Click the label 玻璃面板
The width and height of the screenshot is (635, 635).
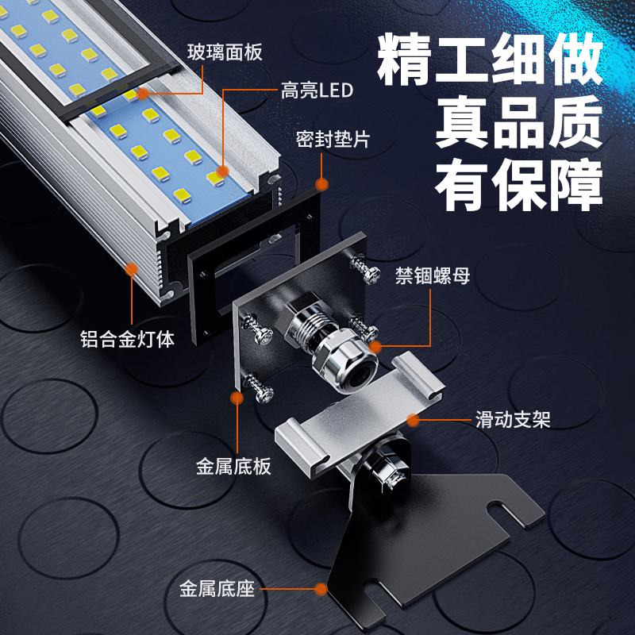point(225,52)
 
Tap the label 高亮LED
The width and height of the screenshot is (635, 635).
point(317,90)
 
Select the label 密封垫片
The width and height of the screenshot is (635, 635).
point(333,140)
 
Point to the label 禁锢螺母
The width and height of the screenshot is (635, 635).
point(433,275)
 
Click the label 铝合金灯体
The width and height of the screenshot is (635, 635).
point(127,340)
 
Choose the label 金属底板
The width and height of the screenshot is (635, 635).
point(233,467)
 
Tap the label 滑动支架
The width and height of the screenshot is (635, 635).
point(513,420)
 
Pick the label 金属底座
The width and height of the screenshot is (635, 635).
point(217,589)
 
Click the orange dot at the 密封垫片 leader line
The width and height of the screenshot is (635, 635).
point(321,184)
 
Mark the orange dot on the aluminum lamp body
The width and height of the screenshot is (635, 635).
point(131,269)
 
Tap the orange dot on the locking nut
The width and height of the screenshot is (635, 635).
point(375,347)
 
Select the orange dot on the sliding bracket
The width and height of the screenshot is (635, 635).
point(413,421)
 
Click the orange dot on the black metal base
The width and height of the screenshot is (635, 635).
point(321,589)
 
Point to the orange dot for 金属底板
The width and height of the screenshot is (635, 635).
point(237,398)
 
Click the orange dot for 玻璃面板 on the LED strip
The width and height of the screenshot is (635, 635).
point(143,94)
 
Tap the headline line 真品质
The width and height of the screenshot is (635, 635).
point(519,122)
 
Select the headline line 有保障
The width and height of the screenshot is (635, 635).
point(519,185)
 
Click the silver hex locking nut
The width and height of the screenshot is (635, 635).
point(344,360)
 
